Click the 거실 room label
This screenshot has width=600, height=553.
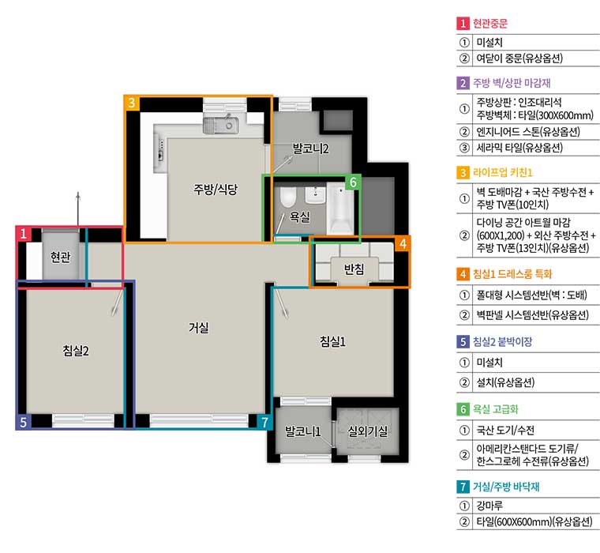pos(199,328)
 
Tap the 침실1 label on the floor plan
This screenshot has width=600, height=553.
pos(332,341)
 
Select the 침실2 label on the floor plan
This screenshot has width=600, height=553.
pos(76,351)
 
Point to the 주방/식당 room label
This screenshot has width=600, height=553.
pos(216,189)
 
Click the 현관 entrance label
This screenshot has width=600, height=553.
pos(61,257)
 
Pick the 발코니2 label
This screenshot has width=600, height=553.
pos(310,149)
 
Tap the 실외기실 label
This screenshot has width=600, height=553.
pos(367,431)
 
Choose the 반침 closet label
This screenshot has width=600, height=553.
pos(354,269)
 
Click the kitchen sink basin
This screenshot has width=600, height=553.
pos(221,126)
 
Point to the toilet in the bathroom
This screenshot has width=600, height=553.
pos(287,197)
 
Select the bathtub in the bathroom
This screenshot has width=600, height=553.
pos(340,209)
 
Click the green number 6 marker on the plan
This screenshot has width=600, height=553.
pos(353,182)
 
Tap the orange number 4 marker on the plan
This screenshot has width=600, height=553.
pos(403,243)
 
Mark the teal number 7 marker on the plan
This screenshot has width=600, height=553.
pos(264,423)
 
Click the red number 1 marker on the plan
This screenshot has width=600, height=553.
pos(24,233)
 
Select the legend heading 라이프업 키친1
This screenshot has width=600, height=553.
pos(502,173)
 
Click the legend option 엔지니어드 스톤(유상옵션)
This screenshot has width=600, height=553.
pos(528,132)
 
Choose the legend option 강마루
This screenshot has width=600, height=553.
pos(489,506)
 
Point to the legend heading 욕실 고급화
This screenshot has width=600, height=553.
pos(496,409)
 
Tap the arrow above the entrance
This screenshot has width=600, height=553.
pos(78,209)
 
